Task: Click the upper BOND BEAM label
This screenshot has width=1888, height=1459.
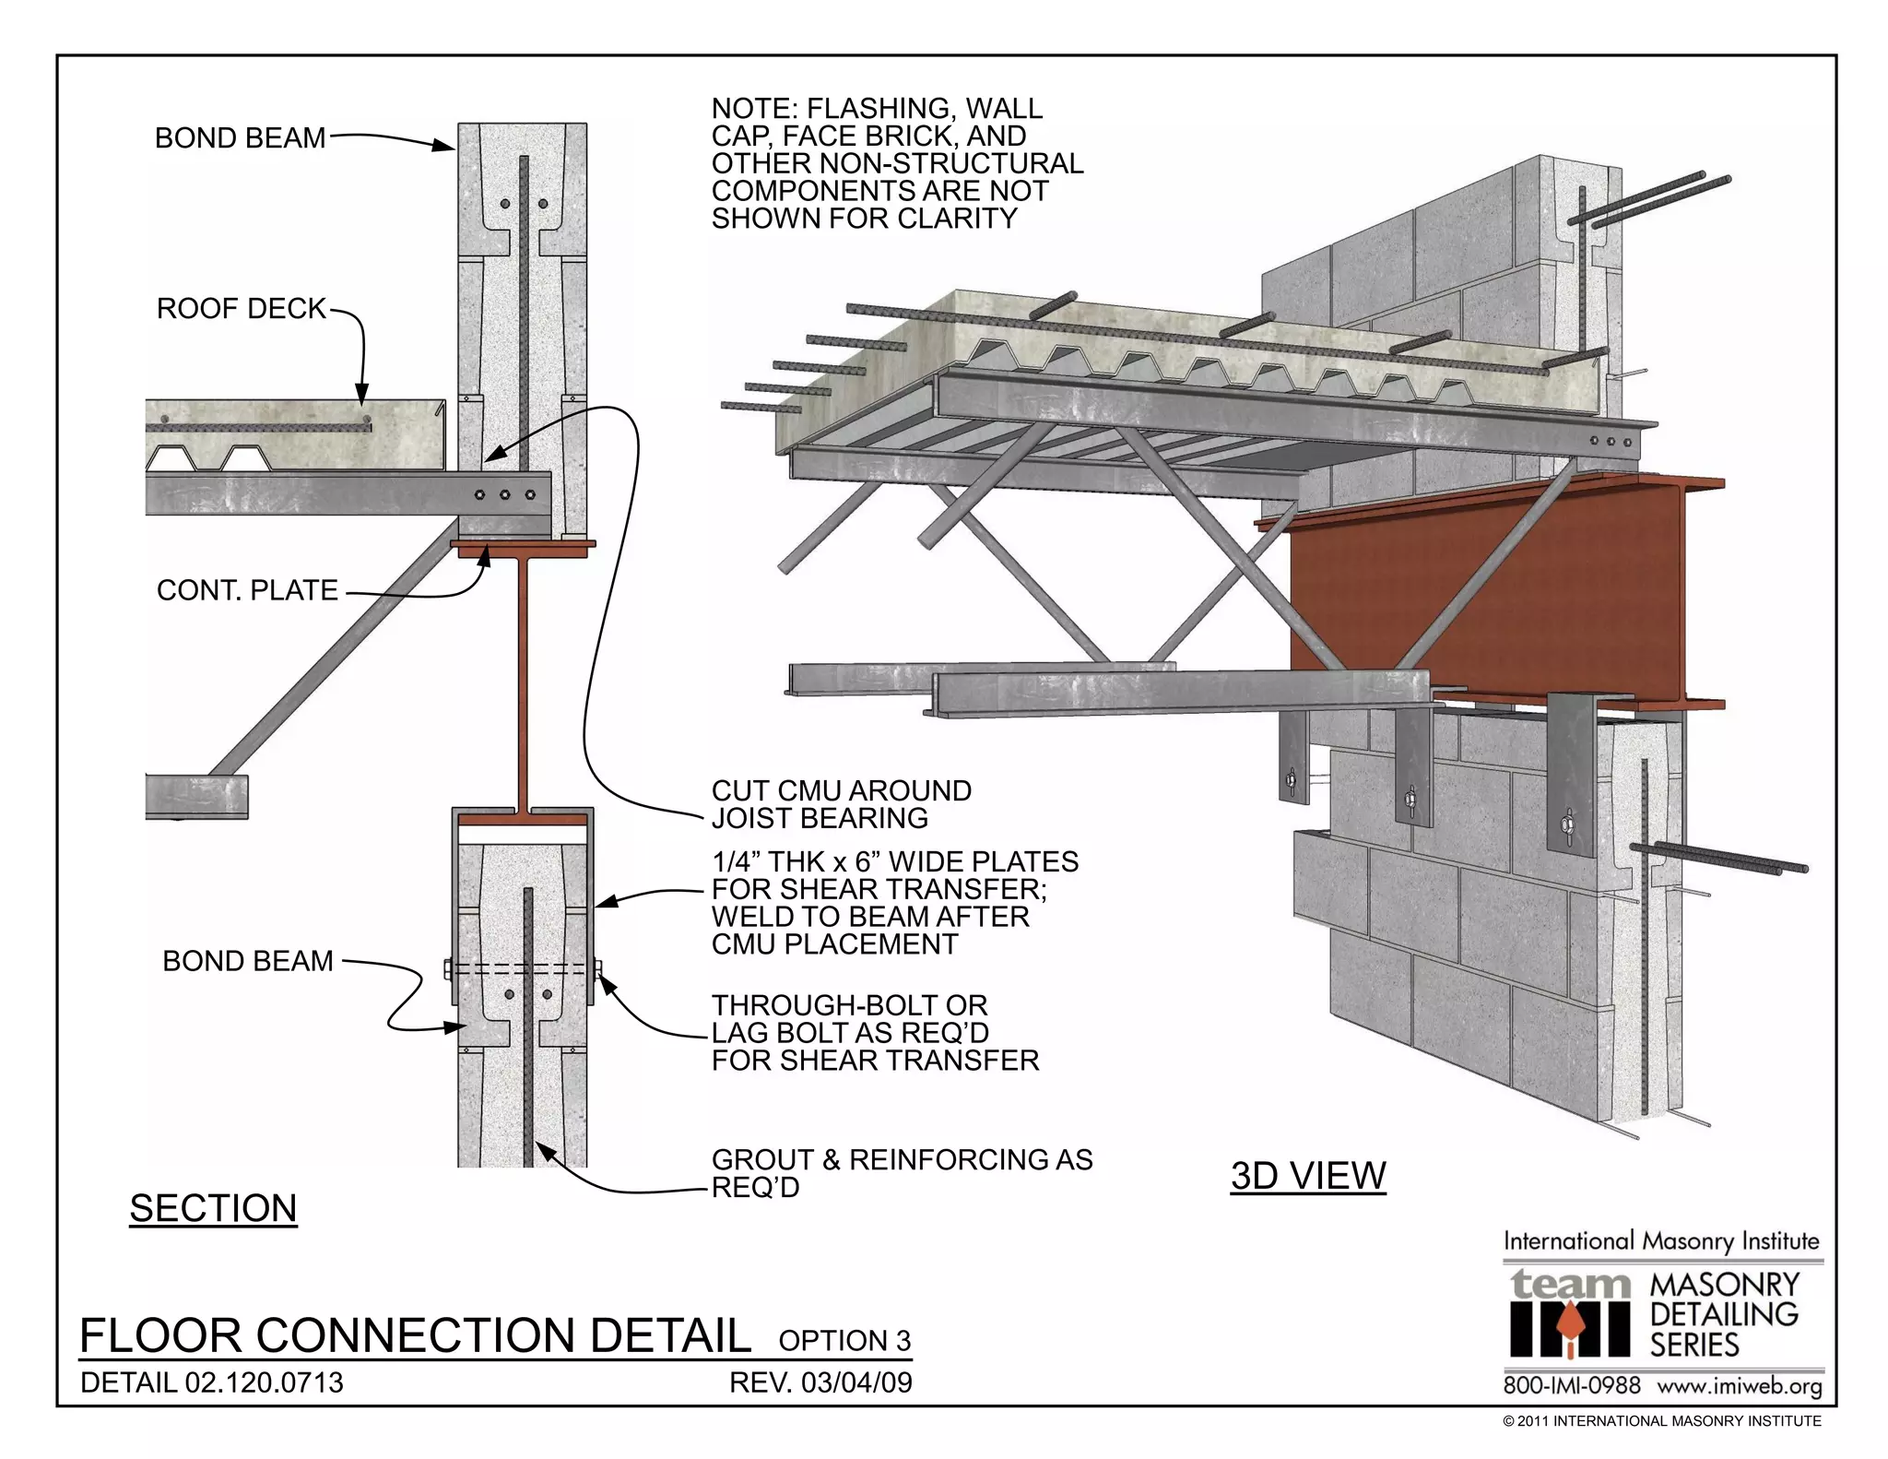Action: [x=240, y=138]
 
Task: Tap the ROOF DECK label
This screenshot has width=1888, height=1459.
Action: [x=242, y=308]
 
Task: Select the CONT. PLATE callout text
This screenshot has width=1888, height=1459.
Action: [x=247, y=590]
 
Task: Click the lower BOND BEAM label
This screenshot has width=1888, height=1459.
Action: [x=247, y=961]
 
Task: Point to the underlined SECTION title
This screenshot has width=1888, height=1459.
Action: [x=213, y=1208]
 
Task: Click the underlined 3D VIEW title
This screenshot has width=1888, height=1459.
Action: [x=1307, y=1176]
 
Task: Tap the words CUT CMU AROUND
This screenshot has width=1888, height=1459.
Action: [x=841, y=790]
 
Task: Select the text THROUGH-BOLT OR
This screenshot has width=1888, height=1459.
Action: [x=848, y=1004]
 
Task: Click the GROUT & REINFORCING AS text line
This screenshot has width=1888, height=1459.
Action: [x=902, y=1159]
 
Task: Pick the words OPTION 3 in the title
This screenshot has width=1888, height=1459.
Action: [x=844, y=1340]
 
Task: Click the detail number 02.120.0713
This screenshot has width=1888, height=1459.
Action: [x=264, y=1382]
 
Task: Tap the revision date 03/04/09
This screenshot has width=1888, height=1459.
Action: [x=856, y=1382]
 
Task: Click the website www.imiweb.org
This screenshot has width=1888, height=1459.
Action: [x=1739, y=1386]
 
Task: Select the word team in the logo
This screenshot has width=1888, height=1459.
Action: [x=1570, y=1285]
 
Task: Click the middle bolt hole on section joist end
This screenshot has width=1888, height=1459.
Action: [x=504, y=495]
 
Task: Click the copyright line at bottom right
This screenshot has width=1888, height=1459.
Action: [x=1661, y=1421]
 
